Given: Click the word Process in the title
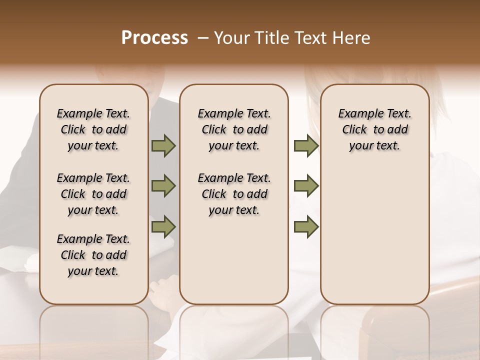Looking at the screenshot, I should (x=154, y=38).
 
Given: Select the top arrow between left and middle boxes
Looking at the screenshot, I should (x=163, y=146).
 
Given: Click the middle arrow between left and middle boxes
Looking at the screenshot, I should (x=163, y=186).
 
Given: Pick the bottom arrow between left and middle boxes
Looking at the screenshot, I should (x=163, y=226).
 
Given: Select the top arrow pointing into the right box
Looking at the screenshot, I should (x=306, y=146).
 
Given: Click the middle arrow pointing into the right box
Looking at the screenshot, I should (x=306, y=186).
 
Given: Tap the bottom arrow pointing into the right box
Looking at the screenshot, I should (x=306, y=226).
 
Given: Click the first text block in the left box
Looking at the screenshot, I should (x=93, y=129).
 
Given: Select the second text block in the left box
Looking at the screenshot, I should (x=93, y=194).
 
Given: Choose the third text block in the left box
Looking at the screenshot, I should (x=93, y=255).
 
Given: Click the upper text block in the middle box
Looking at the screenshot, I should (x=234, y=129).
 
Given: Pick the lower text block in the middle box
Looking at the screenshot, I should (x=234, y=194).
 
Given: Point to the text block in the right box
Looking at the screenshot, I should (x=374, y=129).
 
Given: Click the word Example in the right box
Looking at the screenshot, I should (x=357, y=114).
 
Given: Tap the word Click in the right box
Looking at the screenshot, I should (x=354, y=130).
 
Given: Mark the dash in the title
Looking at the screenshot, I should (x=203, y=38).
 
